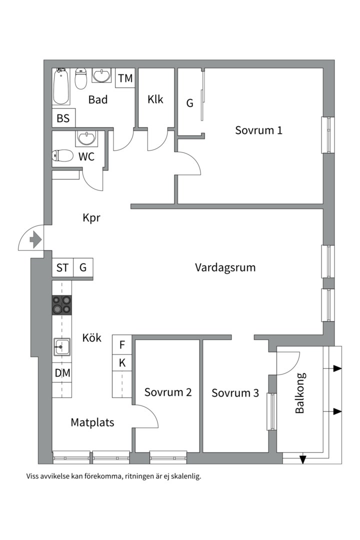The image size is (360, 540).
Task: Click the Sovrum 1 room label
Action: click(x=258, y=130)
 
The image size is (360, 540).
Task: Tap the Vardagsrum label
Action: click(x=225, y=267)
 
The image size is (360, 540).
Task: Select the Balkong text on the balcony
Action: click(x=300, y=393)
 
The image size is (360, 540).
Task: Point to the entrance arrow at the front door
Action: click(x=35, y=240)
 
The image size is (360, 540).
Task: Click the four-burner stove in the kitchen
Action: click(x=62, y=304)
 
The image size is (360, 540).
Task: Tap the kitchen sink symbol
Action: click(x=62, y=346)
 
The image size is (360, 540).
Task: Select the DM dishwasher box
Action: click(x=62, y=372)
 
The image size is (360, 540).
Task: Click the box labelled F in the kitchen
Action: click(x=122, y=345)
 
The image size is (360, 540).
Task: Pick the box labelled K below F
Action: click(x=122, y=363)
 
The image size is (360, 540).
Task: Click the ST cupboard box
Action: click(x=62, y=268)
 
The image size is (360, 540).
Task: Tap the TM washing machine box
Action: click(x=125, y=78)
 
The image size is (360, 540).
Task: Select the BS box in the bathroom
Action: click(x=63, y=118)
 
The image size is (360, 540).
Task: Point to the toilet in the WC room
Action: click(x=62, y=156)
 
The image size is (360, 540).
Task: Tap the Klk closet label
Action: click(x=155, y=99)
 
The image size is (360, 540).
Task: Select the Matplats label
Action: click(x=92, y=422)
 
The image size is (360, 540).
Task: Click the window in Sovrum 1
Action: click(x=327, y=135)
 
